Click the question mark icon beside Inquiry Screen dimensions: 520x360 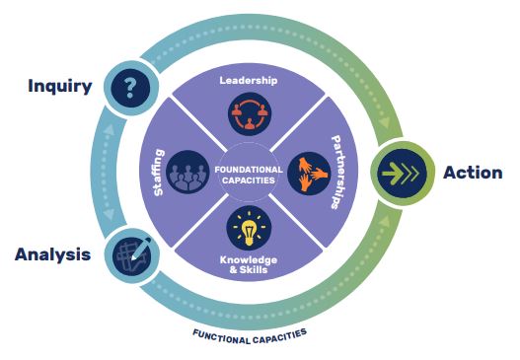(x=130, y=88)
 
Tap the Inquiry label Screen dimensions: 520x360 (x=60, y=86)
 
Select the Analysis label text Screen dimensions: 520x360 (x=52, y=254)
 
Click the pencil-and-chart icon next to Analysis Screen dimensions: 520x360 (x=131, y=255)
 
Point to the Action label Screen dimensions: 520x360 (x=473, y=173)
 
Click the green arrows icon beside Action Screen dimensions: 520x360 (x=402, y=174)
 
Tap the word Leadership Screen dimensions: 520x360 (x=249, y=80)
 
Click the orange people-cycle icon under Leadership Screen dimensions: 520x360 (x=250, y=114)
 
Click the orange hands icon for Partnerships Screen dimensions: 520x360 (x=310, y=174)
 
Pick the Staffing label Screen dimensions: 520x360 (x=159, y=173)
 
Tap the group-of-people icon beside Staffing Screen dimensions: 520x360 (x=187, y=172)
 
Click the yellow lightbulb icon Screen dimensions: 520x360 (x=249, y=228)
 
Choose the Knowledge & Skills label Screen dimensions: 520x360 (x=249, y=264)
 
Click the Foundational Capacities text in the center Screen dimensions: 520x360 (x=249, y=175)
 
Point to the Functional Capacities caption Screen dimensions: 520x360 (x=250, y=336)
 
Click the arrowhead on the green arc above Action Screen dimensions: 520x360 (x=385, y=122)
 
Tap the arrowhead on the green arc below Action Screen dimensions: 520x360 (x=385, y=222)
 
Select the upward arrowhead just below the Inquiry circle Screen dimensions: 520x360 (x=109, y=129)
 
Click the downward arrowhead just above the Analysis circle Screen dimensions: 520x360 (x=109, y=214)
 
